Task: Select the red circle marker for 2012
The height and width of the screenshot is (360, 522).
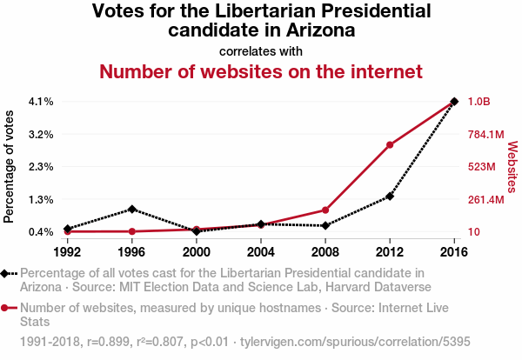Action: tap(390, 144)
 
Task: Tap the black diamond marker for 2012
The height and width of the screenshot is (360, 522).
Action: tap(390, 197)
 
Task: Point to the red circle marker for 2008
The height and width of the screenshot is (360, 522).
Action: tap(325, 210)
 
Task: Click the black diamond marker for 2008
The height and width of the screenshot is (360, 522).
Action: tap(325, 226)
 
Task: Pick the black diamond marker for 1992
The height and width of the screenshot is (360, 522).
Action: tap(68, 229)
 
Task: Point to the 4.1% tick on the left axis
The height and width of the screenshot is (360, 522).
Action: tap(41, 102)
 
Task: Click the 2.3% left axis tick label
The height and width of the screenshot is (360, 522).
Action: tap(41, 167)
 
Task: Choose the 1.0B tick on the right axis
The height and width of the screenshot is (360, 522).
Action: tap(479, 102)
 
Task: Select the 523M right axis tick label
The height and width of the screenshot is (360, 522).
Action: tap(482, 167)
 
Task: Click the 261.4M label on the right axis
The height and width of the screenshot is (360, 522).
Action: tap(486, 200)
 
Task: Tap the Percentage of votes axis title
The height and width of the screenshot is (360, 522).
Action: tap(10, 166)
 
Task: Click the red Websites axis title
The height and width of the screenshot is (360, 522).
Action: tap(512, 166)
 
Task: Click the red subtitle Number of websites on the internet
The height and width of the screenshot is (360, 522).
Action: tap(261, 70)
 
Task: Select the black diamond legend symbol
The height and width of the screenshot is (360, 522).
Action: tap(7, 274)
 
